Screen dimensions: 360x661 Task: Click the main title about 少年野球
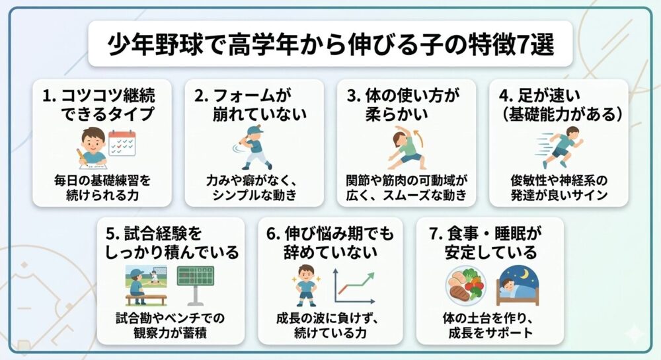click(x=330, y=46)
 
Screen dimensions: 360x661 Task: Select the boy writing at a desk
click(x=92, y=147)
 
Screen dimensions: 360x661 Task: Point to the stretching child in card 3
click(x=407, y=149)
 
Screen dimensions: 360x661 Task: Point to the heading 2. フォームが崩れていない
click(x=254, y=104)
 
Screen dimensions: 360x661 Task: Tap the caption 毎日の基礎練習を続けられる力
click(x=101, y=186)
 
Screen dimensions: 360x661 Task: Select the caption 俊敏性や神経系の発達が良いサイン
click(x=559, y=186)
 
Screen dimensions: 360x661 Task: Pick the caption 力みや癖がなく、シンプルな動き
click(x=254, y=186)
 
